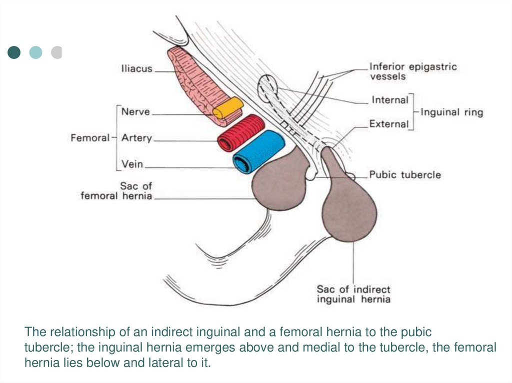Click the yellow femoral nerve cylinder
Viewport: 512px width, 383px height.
pyautogui.click(x=228, y=109)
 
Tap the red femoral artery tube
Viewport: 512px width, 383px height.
pyautogui.click(x=240, y=132)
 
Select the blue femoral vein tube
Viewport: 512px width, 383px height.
pyautogui.click(x=258, y=151)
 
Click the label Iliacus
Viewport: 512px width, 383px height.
pyautogui.click(x=136, y=69)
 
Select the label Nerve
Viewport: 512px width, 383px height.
pyautogui.click(x=135, y=112)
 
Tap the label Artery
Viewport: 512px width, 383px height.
pyautogui.click(x=136, y=138)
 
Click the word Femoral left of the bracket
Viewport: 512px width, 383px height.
pyautogui.click(x=90, y=138)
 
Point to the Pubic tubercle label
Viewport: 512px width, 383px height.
pyautogui.click(x=405, y=175)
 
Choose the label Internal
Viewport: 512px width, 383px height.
pyautogui.click(x=390, y=100)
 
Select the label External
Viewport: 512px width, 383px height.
pyautogui.click(x=389, y=124)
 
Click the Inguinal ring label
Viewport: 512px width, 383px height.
pyautogui.click(x=452, y=112)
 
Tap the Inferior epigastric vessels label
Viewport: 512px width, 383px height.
pyautogui.click(x=412, y=71)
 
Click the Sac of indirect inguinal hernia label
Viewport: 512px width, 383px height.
pyautogui.click(x=353, y=294)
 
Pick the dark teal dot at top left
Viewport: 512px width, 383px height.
pyautogui.click(x=14, y=52)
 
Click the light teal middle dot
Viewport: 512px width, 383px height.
pyautogui.click(x=35, y=52)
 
